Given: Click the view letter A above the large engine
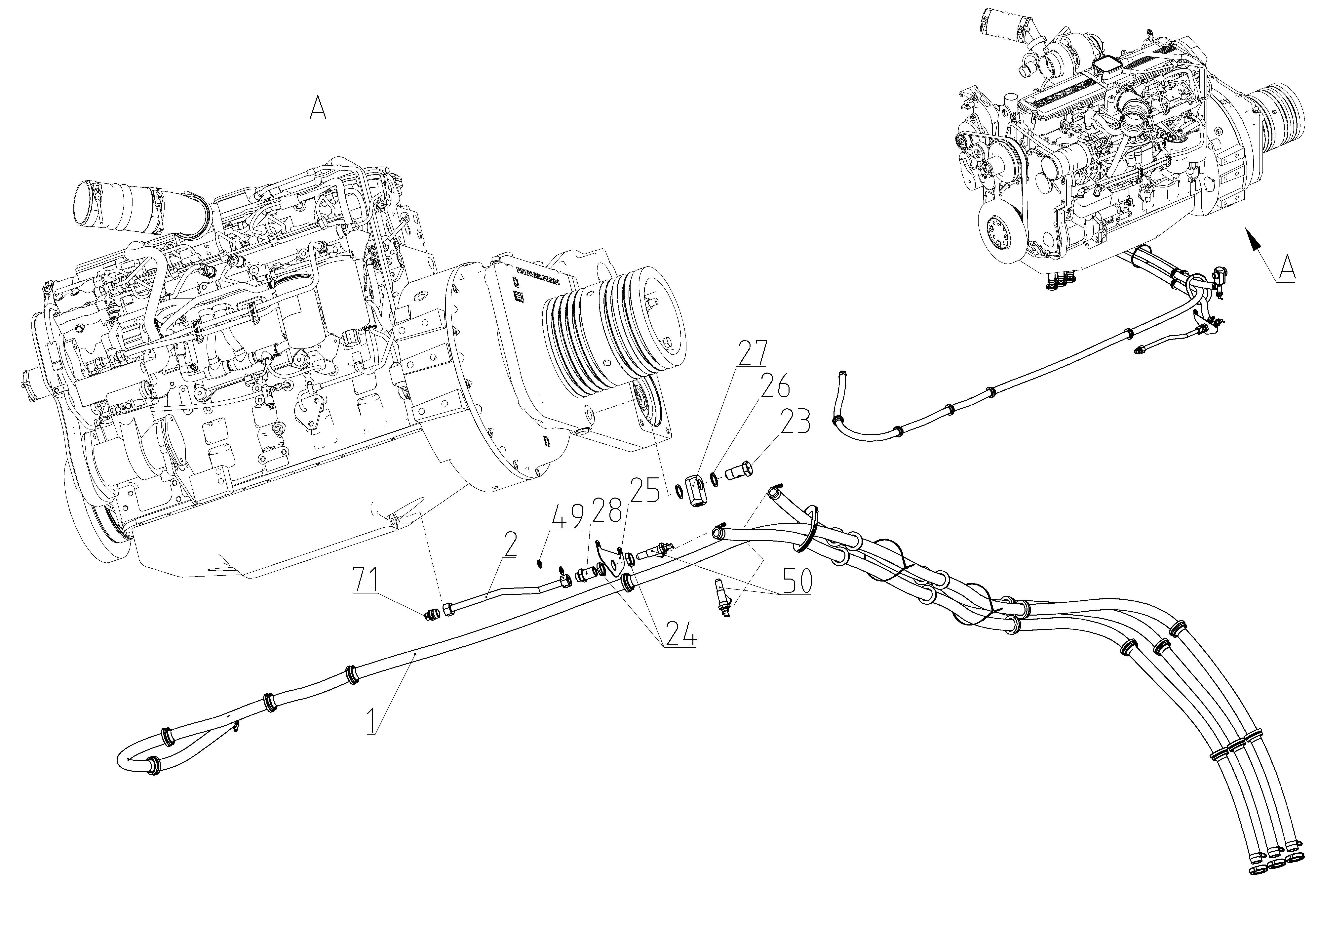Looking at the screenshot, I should tap(318, 107).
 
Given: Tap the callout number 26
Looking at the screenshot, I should tap(775, 386).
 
